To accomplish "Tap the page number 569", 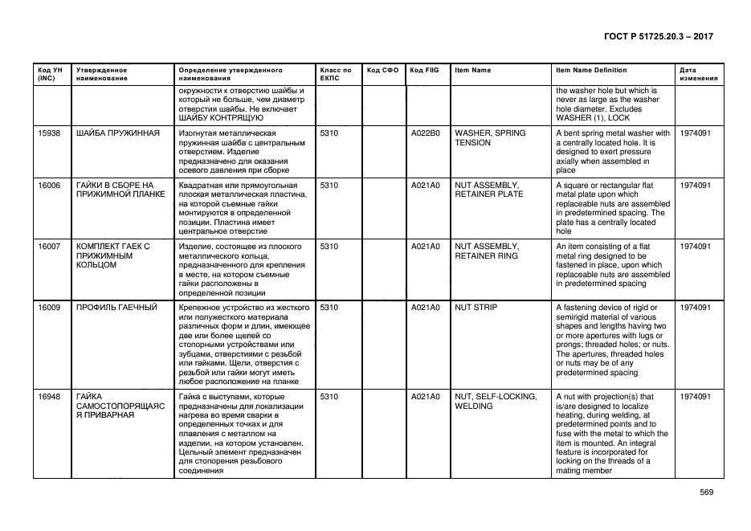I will coord(706,492).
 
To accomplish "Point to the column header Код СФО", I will coord(382,70).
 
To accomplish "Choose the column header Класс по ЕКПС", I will coord(336,75).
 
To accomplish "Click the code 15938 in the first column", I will coord(50,133).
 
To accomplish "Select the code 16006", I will coord(50,185).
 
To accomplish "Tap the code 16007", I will coord(50,246).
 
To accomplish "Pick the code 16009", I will coord(50,307).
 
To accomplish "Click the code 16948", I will coord(50,397).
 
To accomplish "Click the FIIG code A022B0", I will coord(425,133).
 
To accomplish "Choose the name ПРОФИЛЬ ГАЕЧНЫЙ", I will coord(116,307).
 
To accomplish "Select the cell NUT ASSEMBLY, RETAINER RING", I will coord(488,251).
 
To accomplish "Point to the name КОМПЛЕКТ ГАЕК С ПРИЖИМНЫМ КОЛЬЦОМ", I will coord(113,255).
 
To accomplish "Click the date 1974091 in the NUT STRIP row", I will coord(695,307).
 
